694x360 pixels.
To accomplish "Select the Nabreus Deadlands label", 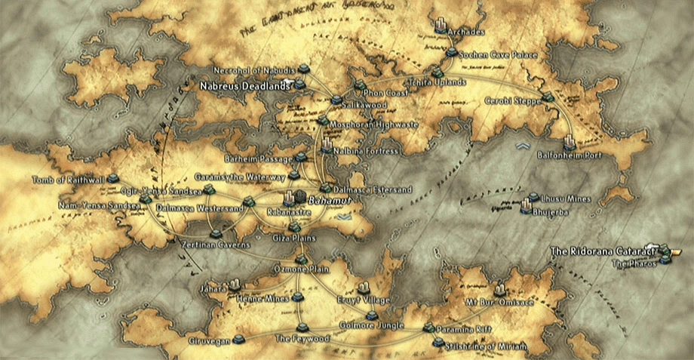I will [244, 87].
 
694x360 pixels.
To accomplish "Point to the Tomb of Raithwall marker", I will [113, 179].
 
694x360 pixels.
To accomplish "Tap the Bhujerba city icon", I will [526, 205].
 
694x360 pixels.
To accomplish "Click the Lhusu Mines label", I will [565, 198].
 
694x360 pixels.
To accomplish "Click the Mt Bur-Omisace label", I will [494, 302].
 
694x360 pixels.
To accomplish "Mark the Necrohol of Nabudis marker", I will [303, 69].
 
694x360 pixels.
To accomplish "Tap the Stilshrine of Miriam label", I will [480, 345].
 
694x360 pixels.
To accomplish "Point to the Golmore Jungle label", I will [376, 325].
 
